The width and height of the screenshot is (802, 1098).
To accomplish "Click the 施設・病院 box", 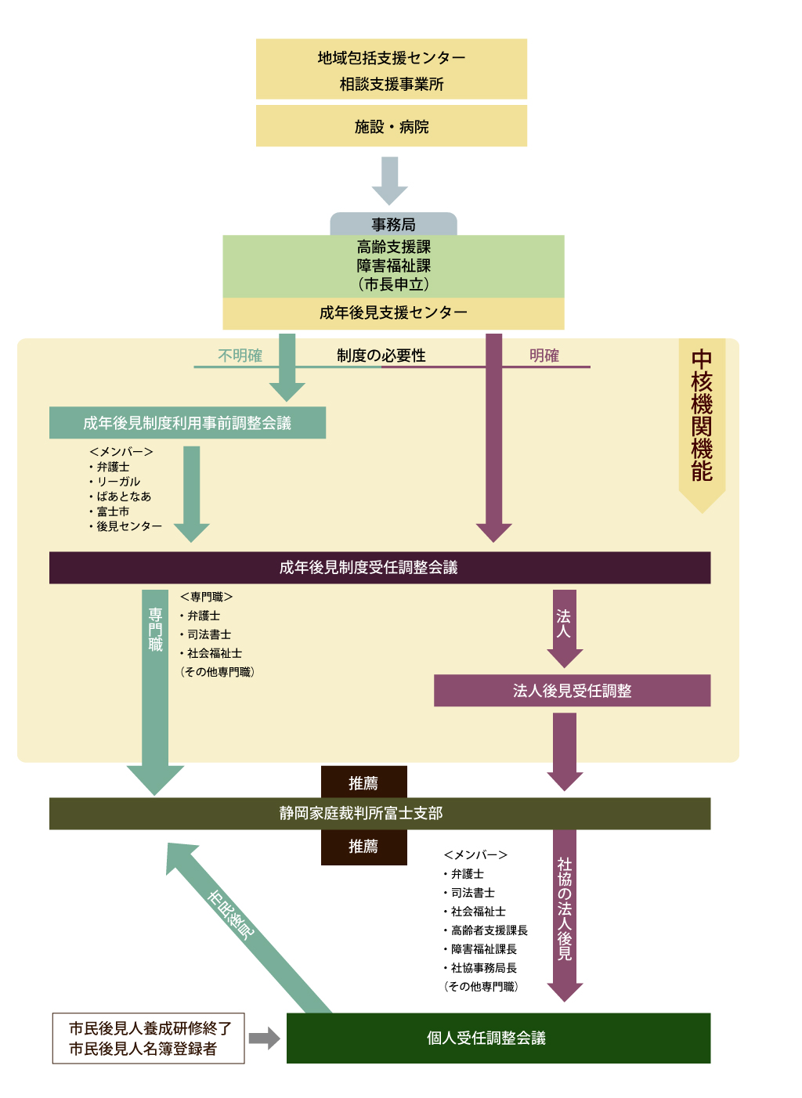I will pos(392,126).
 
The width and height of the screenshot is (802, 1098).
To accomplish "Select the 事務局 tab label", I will pos(393,225).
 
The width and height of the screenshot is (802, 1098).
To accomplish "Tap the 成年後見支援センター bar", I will pos(393,313).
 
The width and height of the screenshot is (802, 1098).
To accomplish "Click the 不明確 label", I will pos(240,356).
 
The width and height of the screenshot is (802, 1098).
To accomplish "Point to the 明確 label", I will pos(544,356).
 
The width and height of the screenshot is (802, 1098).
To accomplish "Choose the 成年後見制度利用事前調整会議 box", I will pos(187,423).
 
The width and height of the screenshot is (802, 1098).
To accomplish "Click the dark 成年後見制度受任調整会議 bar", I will pos(380,568).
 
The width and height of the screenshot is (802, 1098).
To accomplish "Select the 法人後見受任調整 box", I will pos(572,691).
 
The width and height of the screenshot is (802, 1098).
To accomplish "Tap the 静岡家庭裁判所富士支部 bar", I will pos(380,814).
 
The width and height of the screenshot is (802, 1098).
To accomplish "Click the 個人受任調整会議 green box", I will pos(498,1038).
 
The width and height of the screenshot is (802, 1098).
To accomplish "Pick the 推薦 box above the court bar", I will pos(363,782).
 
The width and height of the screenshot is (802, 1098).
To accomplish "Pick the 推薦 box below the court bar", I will pos(363,847).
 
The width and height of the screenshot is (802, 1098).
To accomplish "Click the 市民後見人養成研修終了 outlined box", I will pos(148,1038).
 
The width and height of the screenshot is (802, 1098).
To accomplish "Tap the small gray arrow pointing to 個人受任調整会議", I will pos(264,1038).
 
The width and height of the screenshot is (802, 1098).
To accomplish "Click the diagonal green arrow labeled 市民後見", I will pos(243,924).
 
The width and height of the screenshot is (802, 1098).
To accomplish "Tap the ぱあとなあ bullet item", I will pos(124,497).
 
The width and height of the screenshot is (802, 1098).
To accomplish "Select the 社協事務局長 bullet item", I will pos(483,968).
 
